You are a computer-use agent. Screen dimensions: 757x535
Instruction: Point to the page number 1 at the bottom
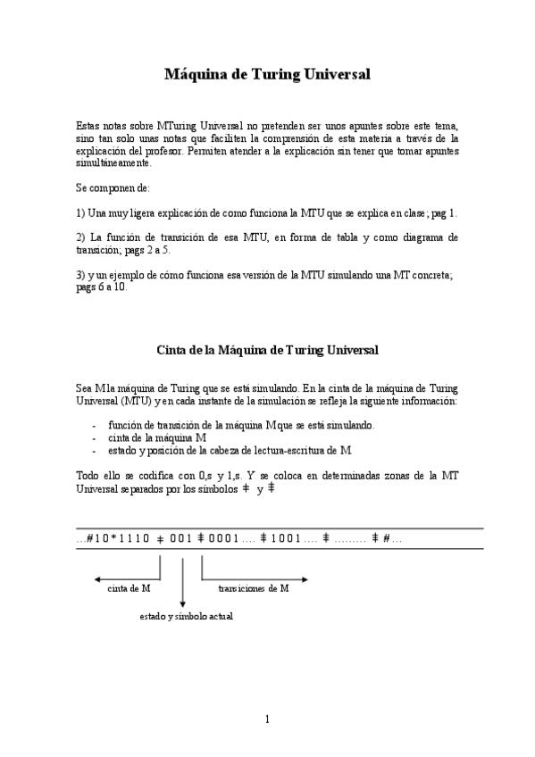[x=267, y=720]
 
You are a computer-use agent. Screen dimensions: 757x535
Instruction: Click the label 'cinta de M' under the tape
[x=129, y=588]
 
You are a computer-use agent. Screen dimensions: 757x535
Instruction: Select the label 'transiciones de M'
[x=254, y=588]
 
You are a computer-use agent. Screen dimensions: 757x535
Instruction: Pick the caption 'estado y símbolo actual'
[x=186, y=616]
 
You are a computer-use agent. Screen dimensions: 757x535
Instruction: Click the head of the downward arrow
[x=182, y=604]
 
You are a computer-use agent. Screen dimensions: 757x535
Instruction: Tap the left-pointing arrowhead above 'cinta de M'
[x=97, y=578]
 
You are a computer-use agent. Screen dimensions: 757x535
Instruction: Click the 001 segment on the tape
[x=180, y=538]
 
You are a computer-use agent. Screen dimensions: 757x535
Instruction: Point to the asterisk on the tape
[x=115, y=538]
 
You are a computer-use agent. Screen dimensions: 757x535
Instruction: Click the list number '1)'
[x=81, y=213]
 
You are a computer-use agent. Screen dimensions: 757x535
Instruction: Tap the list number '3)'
[x=81, y=276]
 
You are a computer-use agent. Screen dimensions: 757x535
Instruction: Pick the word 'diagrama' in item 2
[x=414, y=238]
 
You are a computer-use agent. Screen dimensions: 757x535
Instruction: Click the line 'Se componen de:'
[x=113, y=189]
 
